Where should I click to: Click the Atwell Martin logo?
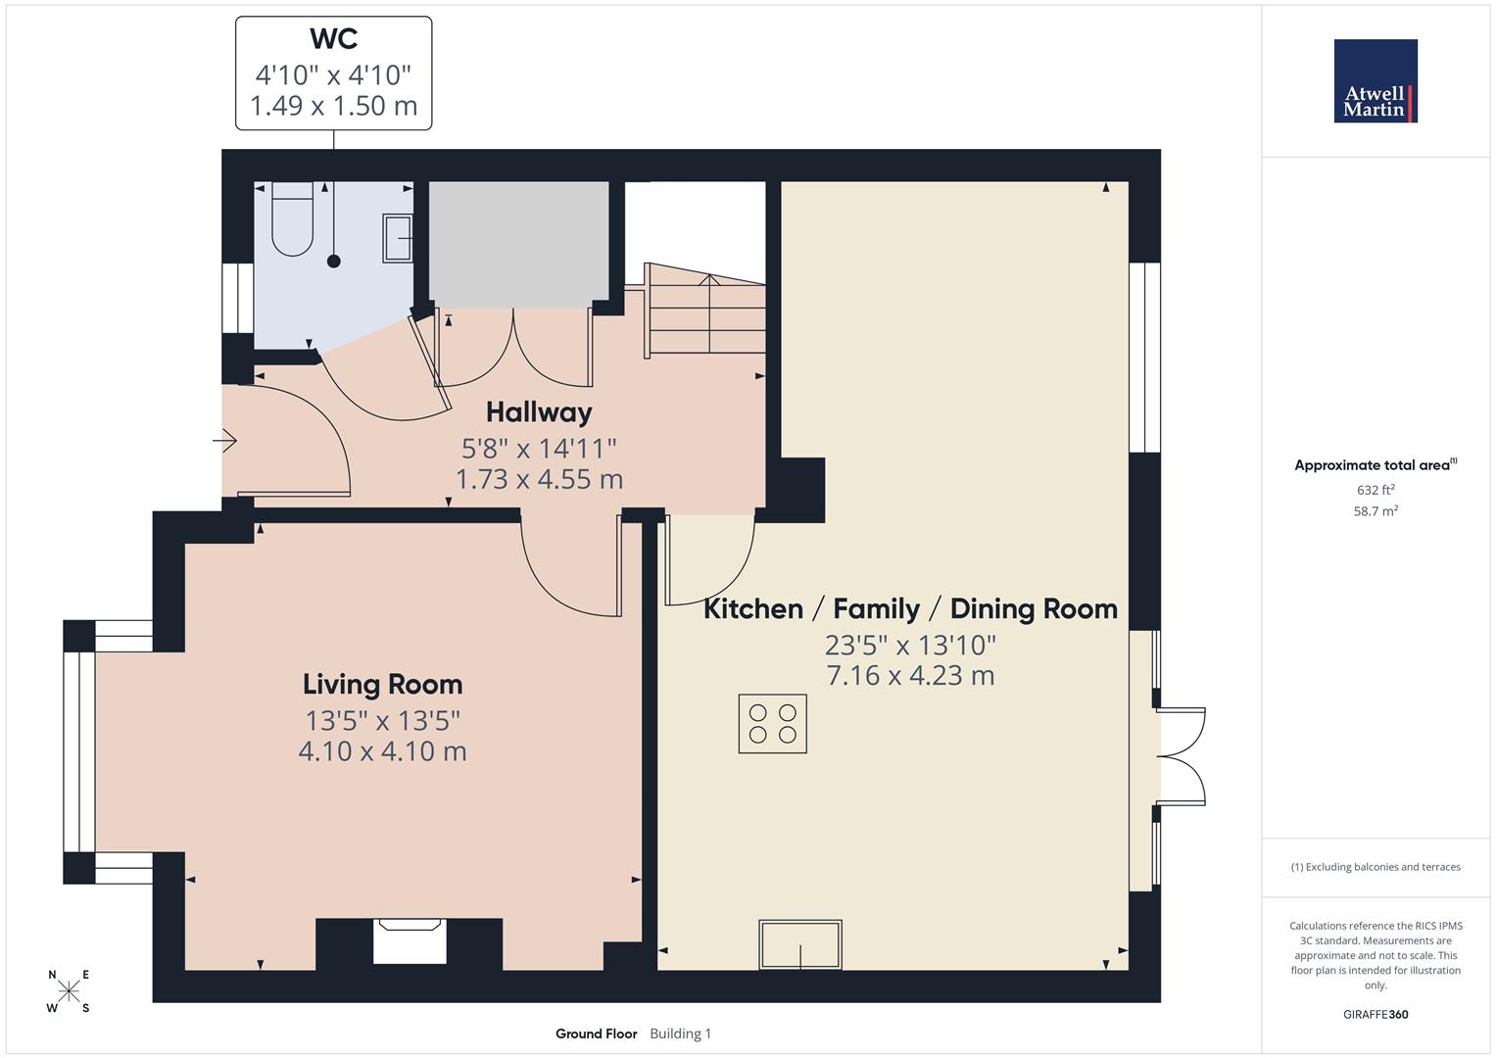[x=1375, y=81]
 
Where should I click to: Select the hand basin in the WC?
[x=398, y=238]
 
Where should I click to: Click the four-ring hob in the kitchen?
[x=772, y=724]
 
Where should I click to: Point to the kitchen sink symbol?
[x=800, y=944]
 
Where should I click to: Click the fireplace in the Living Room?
[x=410, y=939]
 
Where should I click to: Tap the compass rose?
[x=69, y=991]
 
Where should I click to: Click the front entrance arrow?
[x=225, y=442]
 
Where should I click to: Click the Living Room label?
[x=382, y=684]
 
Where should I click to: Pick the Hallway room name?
[x=539, y=411]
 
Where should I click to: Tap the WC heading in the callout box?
[x=333, y=39]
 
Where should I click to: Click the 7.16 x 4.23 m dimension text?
[x=910, y=676]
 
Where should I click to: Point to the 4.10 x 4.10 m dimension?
[x=382, y=751]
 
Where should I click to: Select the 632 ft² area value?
[x=1375, y=490]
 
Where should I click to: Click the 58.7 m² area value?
[x=1375, y=510]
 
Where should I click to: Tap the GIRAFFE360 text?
[x=1375, y=1014]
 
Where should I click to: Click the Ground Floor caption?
[x=596, y=1034]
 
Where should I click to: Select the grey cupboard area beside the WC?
[x=519, y=244]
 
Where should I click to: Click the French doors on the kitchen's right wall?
[x=1182, y=755]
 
